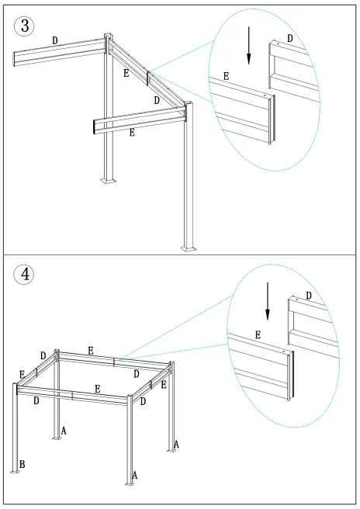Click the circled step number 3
[25, 26]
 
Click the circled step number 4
[25, 274]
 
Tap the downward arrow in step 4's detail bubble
[268, 301]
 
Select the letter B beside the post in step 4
[22, 464]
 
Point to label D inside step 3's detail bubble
[290, 39]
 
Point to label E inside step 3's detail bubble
[226, 76]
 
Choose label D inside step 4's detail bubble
[308, 296]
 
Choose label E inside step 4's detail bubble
[258, 335]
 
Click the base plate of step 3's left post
[108, 181]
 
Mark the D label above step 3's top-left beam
[54, 40]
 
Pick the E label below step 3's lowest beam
[132, 133]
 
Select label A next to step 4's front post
[134, 475]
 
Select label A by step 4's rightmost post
[177, 445]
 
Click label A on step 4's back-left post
[63, 429]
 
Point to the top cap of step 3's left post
[108, 36]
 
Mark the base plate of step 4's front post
[128, 483]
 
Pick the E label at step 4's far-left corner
[22, 375]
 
